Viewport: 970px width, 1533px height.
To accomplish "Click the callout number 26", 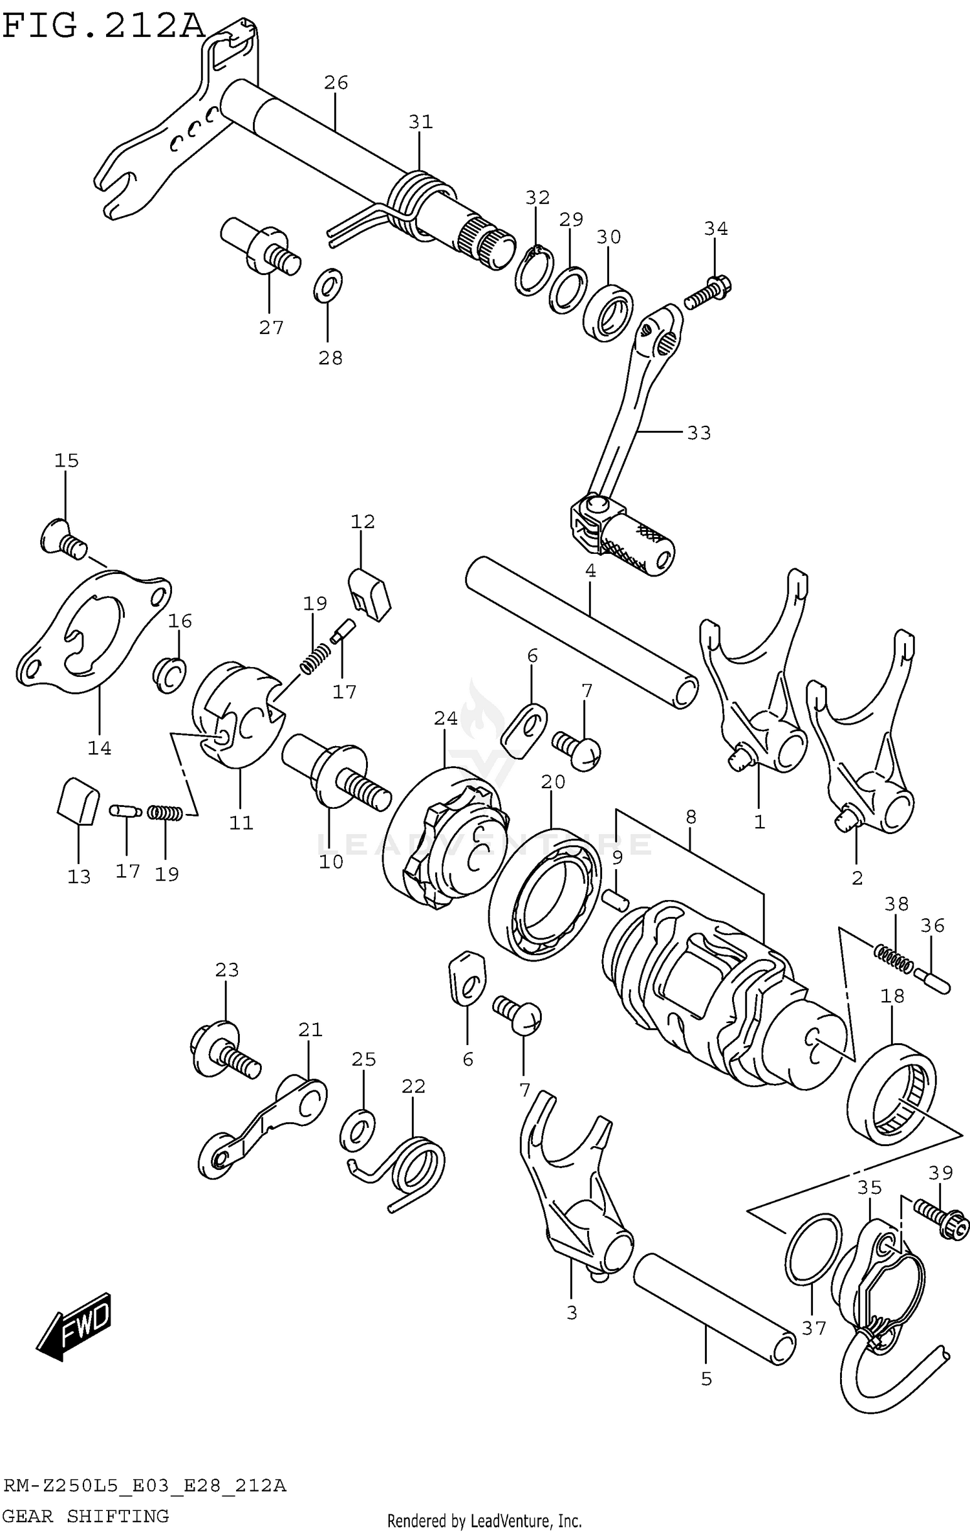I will click(x=336, y=83).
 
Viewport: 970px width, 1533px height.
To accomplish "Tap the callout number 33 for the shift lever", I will click(x=698, y=432).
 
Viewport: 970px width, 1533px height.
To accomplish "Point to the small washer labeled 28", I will click(x=328, y=284).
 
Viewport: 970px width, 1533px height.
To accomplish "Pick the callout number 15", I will click(x=66, y=461).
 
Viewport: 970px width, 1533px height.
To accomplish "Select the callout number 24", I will click(x=446, y=718).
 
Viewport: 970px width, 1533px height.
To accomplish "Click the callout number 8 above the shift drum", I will click(x=691, y=817).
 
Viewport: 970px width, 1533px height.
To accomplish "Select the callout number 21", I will click(x=310, y=1030).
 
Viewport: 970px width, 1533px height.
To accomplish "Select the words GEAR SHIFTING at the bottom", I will click(x=85, y=1516).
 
